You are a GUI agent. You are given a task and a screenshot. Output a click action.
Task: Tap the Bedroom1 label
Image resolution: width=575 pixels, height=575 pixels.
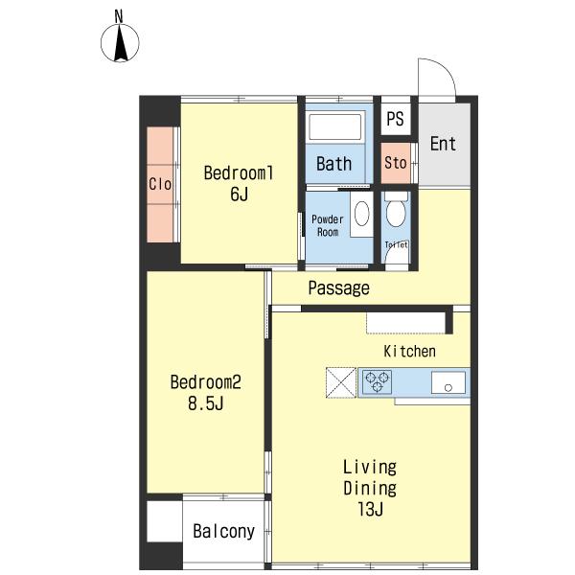coord(239,173)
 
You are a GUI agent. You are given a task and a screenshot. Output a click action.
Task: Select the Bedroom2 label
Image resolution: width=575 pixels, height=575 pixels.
coord(206,382)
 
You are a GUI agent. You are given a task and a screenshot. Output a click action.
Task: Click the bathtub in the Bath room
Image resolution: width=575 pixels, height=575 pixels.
coord(335,126)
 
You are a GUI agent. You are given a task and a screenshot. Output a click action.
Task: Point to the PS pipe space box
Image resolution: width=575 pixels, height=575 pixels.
coord(395,118)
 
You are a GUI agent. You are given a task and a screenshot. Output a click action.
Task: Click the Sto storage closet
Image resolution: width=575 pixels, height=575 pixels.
coord(395,163)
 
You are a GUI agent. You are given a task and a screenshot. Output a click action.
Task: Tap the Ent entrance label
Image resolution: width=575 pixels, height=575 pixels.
coord(443,144)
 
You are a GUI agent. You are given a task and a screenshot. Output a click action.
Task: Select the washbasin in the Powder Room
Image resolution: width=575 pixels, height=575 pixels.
coord(362,214)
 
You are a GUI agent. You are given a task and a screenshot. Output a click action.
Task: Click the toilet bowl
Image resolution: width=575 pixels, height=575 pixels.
coord(396,213)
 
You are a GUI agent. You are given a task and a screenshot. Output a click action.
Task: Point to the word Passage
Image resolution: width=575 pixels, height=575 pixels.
coord(338,287)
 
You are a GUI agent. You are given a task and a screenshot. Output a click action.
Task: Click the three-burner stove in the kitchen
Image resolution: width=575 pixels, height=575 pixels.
coord(377,381)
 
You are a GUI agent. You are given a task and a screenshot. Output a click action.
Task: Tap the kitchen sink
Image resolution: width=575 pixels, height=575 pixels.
coord(448,382)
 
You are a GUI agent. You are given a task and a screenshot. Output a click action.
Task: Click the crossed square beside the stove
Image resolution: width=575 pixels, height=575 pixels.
coord(341,382)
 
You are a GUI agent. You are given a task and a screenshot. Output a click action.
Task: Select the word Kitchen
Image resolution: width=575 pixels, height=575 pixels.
coord(409,352)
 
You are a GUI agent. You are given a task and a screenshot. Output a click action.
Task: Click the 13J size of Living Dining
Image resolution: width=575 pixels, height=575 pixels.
coord(370,509)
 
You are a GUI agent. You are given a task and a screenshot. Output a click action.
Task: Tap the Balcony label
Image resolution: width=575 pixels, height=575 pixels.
coord(223,531)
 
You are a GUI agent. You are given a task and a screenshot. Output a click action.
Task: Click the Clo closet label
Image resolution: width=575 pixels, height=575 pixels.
coord(160,184)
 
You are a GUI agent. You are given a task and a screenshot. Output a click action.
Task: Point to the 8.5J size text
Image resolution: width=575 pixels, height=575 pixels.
coord(206,403)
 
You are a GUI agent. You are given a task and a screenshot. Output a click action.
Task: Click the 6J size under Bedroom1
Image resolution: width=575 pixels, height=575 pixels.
coord(239,194)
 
